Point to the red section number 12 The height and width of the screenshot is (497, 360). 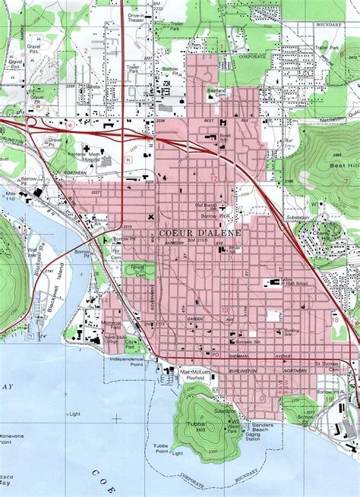coord(214,179)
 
